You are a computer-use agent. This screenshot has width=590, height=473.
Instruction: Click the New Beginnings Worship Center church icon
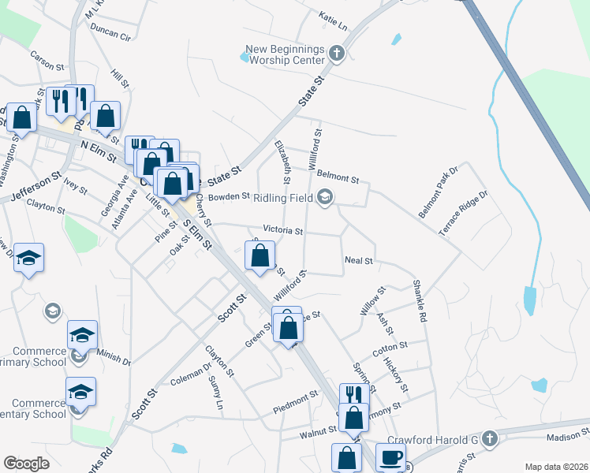[337, 54]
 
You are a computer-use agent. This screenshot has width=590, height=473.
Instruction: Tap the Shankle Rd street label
[419, 302]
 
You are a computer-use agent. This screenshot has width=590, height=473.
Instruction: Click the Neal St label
[358, 260]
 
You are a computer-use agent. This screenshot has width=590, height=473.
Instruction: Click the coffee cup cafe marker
[390, 458]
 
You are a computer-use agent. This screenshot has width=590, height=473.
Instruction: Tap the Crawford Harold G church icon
[489, 438]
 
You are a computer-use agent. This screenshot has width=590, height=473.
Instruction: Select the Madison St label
[568, 435]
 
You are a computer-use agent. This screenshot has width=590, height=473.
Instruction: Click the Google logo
[26, 464]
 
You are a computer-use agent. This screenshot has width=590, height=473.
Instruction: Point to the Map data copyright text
[555, 467]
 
